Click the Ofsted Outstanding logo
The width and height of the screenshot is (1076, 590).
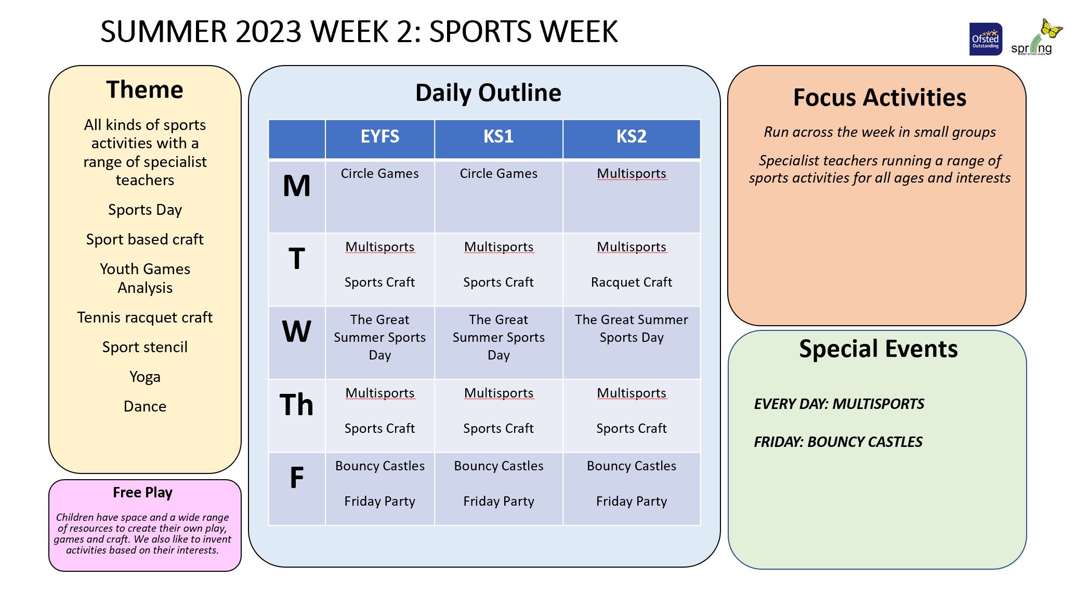(x=986, y=39)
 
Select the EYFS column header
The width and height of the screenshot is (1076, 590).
(x=380, y=136)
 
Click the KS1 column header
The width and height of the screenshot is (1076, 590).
(x=498, y=136)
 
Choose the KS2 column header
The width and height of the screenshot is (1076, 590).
(x=632, y=136)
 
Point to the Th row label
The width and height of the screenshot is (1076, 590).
(x=296, y=404)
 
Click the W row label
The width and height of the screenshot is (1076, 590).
(x=296, y=331)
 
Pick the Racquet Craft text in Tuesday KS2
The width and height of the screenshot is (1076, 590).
(x=632, y=282)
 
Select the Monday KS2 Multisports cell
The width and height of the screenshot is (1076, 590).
(x=632, y=173)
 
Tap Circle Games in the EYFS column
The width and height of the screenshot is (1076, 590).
(x=380, y=173)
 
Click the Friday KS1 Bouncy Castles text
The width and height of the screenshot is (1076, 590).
(x=498, y=466)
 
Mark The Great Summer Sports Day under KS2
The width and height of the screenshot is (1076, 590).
(x=632, y=328)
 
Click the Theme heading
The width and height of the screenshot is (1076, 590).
(x=145, y=89)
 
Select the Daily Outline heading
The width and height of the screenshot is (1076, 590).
(x=489, y=93)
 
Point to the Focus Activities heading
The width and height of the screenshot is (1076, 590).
(x=880, y=97)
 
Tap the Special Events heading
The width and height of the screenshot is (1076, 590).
(x=878, y=349)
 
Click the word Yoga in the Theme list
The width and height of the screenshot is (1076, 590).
(x=145, y=377)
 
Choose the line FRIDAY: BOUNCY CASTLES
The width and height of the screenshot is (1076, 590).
(x=838, y=442)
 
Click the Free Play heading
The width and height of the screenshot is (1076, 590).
(x=142, y=492)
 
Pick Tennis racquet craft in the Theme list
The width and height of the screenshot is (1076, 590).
(x=145, y=317)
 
